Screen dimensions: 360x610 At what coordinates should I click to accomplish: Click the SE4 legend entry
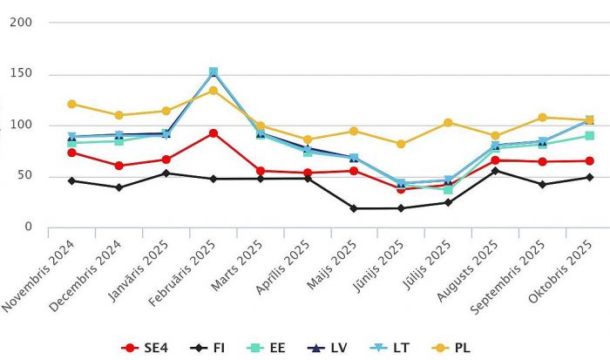(x=144, y=348)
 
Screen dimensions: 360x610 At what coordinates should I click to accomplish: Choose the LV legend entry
(x=329, y=348)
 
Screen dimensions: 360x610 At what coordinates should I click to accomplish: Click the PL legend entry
(x=457, y=348)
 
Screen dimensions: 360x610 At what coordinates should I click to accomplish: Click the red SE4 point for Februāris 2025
(x=213, y=132)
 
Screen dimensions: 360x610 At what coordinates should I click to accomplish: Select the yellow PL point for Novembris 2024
(x=71, y=104)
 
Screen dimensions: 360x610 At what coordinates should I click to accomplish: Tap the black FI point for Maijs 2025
(x=354, y=208)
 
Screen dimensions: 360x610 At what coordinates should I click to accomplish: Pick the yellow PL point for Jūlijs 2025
(x=448, y=122)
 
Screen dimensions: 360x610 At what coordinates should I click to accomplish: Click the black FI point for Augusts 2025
(x=495, y=171)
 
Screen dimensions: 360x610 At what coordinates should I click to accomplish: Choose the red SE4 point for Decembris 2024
(x=119, y=166)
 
